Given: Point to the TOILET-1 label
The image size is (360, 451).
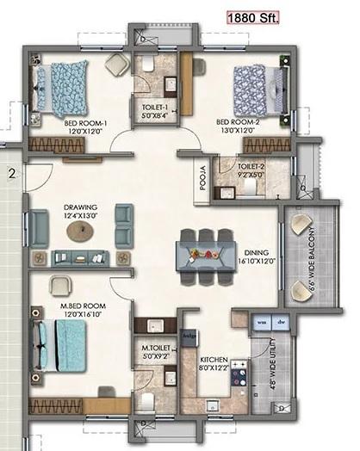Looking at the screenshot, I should pos(155,109).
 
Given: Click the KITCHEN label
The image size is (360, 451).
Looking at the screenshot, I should pos(213,359).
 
